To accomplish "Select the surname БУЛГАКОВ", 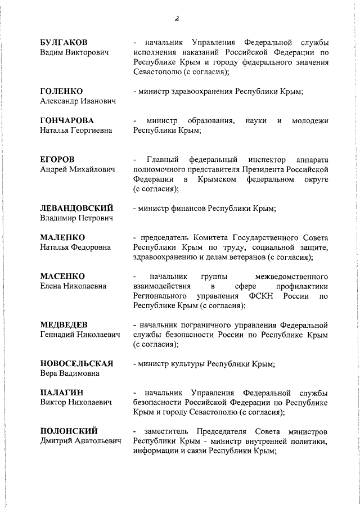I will click(64, 43).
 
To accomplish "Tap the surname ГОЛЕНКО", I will click(61, 91).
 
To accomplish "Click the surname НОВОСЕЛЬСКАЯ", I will click(76, 363).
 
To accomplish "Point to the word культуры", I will click(188, 363).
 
